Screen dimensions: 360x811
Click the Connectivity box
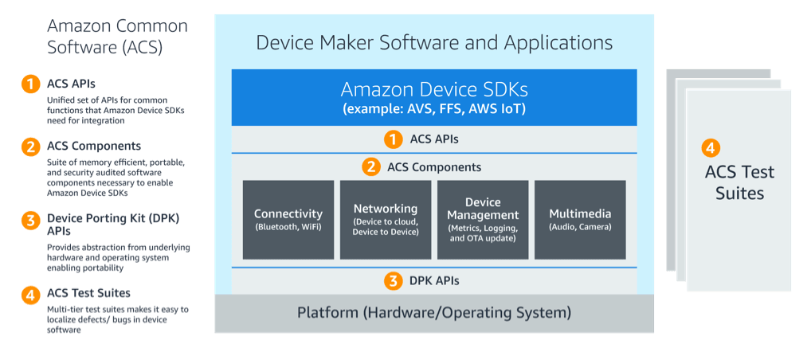click(x=288, y=219)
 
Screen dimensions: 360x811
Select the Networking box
click(x=386, y=219)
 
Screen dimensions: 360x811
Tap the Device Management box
click(x=483, y=219)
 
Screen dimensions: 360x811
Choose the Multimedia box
click(x=580, y=219)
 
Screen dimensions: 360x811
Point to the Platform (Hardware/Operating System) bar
click(x=434, y=312)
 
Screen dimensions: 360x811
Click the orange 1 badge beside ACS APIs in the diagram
click(x=393, y=139)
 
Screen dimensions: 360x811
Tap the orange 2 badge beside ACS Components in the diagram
click(x=370, y=167)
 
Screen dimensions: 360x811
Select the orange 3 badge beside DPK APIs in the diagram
click(x=393, y=280)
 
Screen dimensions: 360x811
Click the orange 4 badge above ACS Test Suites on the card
click(x=711, y=148)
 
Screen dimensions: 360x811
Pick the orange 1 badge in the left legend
click(x=29, y=84)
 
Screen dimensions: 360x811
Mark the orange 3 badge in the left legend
click(x=29, y=221)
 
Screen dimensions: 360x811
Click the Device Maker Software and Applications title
click(x=434, y=42)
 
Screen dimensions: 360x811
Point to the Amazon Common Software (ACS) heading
click(x=116, y=37)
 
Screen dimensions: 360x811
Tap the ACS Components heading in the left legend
click(x=94, y=146)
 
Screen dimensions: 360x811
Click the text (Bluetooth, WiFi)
click(x=288, y=227)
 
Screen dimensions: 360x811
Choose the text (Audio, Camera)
click(x=580, y=227)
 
